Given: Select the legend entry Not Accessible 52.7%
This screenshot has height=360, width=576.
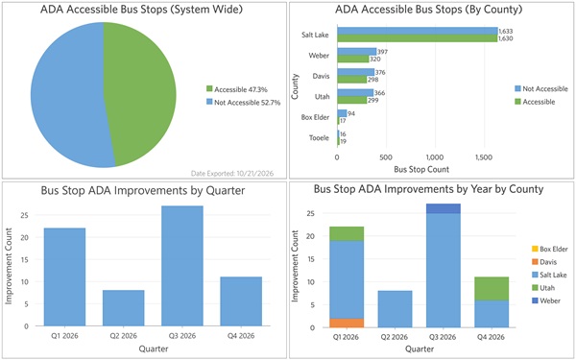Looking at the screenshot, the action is point(243,103).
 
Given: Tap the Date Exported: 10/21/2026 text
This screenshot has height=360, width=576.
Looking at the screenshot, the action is point(232,173).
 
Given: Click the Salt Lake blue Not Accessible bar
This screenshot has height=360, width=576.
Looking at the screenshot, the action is point(418,31).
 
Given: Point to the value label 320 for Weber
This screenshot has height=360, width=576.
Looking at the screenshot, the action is point(374,59).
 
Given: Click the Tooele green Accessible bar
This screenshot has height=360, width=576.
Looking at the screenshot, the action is point(338,141).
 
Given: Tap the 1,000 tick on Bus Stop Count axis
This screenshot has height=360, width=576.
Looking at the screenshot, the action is point(435,157).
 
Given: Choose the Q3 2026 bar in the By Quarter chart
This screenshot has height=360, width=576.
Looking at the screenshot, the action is point(182,266).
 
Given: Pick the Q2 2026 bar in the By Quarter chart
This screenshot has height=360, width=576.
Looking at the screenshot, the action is point(124,308).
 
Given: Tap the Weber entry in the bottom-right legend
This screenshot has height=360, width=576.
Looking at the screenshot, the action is point(546,300).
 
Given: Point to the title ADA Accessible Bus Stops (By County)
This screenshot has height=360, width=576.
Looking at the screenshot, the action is point(429,10).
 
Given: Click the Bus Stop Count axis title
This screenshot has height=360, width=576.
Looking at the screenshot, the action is point(421,170).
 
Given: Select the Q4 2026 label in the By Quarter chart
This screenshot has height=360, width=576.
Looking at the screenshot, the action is point(241,336).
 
